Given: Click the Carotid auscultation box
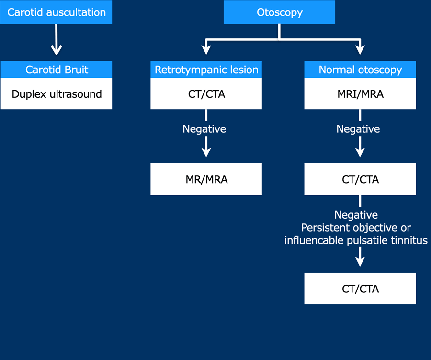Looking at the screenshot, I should click(56, 12).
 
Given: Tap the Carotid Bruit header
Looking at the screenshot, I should click(57, 70).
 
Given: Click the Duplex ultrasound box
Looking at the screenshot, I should click(57, 94).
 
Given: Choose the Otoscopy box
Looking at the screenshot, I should click(279, 12).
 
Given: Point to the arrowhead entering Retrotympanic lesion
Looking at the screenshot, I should click(206, 49).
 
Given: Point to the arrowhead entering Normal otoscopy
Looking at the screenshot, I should click(360, 49).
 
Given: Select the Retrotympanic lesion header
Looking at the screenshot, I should click(206, 70).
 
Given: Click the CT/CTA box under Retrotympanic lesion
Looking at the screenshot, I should click(206, 94).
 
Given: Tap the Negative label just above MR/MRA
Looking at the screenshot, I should click(204, 129).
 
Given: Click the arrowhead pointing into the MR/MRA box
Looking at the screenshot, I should click(206, 152).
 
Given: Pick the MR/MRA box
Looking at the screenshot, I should click(206, 179).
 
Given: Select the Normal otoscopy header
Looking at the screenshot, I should click(360, 70).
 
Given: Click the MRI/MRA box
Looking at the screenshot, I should click(360, 94).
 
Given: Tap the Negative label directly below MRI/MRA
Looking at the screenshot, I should click(358, 129).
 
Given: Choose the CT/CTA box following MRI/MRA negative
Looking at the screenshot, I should click(360, 179).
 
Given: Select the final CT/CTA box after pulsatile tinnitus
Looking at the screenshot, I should click(360, 289).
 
